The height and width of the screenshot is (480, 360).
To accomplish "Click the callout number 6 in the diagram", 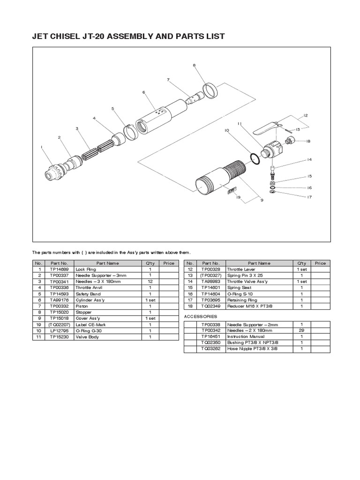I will click(x=144, y=92).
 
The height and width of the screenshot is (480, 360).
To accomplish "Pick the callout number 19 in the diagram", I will click(x=238, y=197).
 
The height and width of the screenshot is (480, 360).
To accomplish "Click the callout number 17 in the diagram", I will click(x=309, y=197).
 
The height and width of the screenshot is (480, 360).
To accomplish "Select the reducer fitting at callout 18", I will click(x=289, y=140).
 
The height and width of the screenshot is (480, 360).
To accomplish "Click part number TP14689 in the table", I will click(x=60, y=270).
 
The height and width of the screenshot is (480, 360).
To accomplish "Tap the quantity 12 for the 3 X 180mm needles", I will click(x=150, y=282).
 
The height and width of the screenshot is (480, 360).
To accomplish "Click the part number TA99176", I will click(x=60, y=300).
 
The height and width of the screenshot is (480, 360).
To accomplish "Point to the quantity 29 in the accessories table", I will click(x=301, y=330).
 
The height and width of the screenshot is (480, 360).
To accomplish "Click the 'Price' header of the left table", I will click(x=169, y=263).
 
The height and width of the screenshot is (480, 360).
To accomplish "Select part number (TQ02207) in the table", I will click(x=60, y=324).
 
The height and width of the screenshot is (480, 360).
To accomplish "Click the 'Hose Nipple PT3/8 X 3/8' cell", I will click(x=249, y=349).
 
